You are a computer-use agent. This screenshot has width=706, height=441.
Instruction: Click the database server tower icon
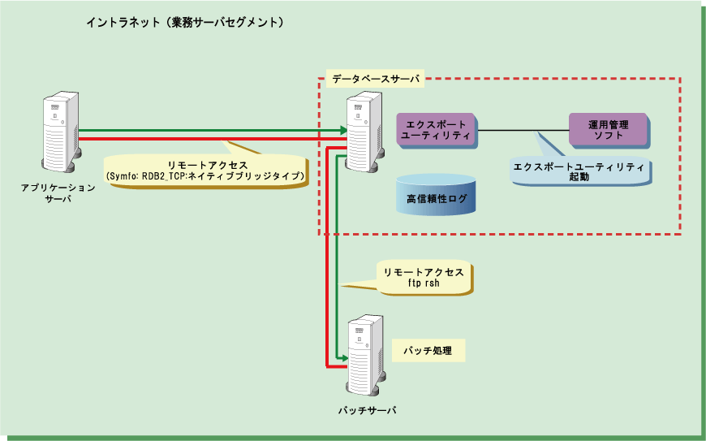[363, 130]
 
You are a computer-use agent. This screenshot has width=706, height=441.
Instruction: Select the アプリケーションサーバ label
[58, 193]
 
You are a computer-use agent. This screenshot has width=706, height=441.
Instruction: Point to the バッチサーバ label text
[367, 410]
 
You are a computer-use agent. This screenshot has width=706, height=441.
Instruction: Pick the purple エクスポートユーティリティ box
[437, 130]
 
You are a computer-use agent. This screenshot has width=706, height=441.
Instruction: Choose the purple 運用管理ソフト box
[608, 130]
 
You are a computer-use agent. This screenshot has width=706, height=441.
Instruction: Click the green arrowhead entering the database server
[342, 130]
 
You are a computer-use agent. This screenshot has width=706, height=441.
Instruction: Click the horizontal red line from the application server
[203, 139]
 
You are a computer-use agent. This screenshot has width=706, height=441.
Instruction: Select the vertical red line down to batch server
[326, 260]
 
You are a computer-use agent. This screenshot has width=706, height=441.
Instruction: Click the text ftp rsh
[422, 285]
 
